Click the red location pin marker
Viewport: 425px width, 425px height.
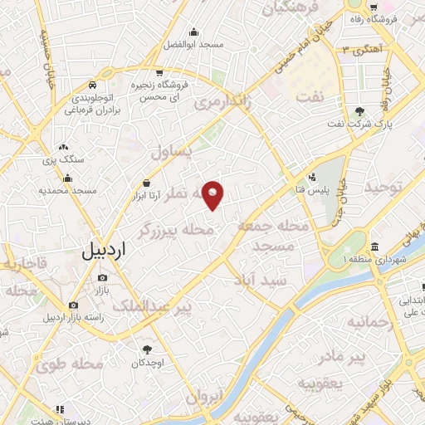click(213, 194)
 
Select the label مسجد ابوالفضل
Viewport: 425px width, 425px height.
click(193, 43)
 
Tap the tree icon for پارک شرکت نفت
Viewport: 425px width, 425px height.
click(359, 112)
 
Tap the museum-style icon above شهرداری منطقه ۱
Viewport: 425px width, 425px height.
click(375, 247)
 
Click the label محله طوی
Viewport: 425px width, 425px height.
click(76, 363)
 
